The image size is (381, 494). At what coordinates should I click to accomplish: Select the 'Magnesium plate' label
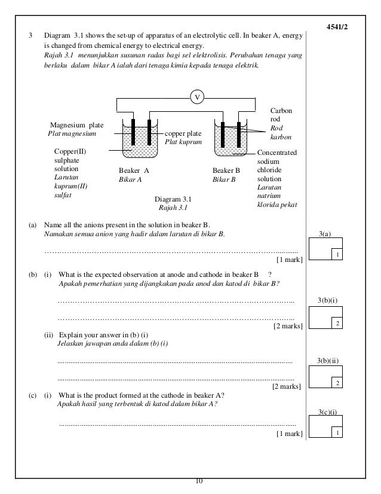click(x=76, y=125)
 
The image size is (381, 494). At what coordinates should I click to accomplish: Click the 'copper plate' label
click(x=183, y=133)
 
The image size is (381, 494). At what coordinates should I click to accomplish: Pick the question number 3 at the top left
click(x=30, y=36)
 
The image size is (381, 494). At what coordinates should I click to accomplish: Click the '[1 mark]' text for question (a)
click(x=289, y=260)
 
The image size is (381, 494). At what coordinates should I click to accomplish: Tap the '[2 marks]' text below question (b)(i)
click(x=288, y=326)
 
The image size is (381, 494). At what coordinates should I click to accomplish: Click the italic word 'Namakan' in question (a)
click(x=59, y=234)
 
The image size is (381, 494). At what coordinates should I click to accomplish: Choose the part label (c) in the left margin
click(x=32, y=395)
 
